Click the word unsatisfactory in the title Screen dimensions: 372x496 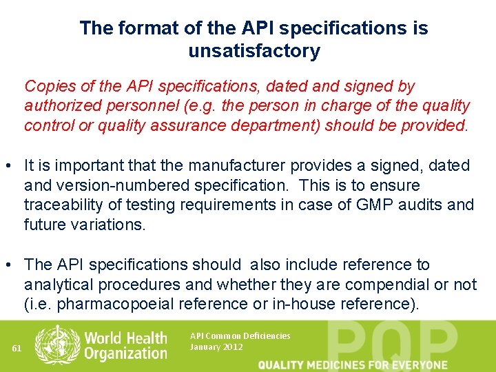254,51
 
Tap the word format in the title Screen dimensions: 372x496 144,28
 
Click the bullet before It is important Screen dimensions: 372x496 11,166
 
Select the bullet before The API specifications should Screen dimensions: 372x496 11,265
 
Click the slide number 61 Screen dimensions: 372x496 17,348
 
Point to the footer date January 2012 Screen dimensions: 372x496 216,347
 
